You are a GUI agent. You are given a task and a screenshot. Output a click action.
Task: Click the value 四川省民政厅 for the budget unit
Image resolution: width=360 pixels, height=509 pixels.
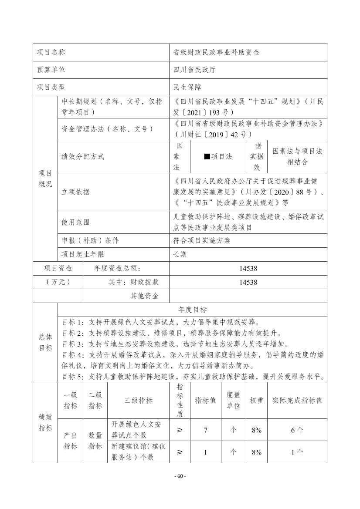[194, 70]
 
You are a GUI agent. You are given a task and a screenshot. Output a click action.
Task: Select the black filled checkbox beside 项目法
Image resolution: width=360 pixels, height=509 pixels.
[207, 157]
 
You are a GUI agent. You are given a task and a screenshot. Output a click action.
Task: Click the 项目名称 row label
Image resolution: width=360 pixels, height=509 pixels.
[51, 52]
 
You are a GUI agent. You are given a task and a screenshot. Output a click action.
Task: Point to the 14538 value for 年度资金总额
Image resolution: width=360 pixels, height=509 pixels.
[248, 269]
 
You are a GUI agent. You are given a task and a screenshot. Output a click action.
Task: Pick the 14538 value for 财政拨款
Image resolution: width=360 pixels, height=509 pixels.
[248, 282]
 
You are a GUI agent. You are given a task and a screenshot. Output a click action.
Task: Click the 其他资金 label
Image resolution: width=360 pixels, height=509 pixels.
[145, 296]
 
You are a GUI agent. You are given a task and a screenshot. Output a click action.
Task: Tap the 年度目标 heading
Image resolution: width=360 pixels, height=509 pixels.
[193, 310]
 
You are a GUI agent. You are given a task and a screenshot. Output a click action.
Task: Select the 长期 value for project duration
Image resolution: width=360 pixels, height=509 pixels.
[180, 254]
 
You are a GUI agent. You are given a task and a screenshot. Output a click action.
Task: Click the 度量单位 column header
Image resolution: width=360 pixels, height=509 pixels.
[233, 400]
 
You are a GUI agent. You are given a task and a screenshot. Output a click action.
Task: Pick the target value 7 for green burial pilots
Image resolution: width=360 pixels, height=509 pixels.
[205, 430]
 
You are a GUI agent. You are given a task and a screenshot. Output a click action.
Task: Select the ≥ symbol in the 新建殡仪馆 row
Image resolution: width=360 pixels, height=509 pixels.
[180, 452]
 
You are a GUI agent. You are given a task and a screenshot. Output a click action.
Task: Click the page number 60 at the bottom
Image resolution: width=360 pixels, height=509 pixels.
[180, 476]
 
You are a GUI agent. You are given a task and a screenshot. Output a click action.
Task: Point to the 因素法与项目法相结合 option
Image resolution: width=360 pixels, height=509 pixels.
[297, 156]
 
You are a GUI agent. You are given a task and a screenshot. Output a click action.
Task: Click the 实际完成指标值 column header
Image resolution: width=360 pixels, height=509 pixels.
[297, 400]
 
